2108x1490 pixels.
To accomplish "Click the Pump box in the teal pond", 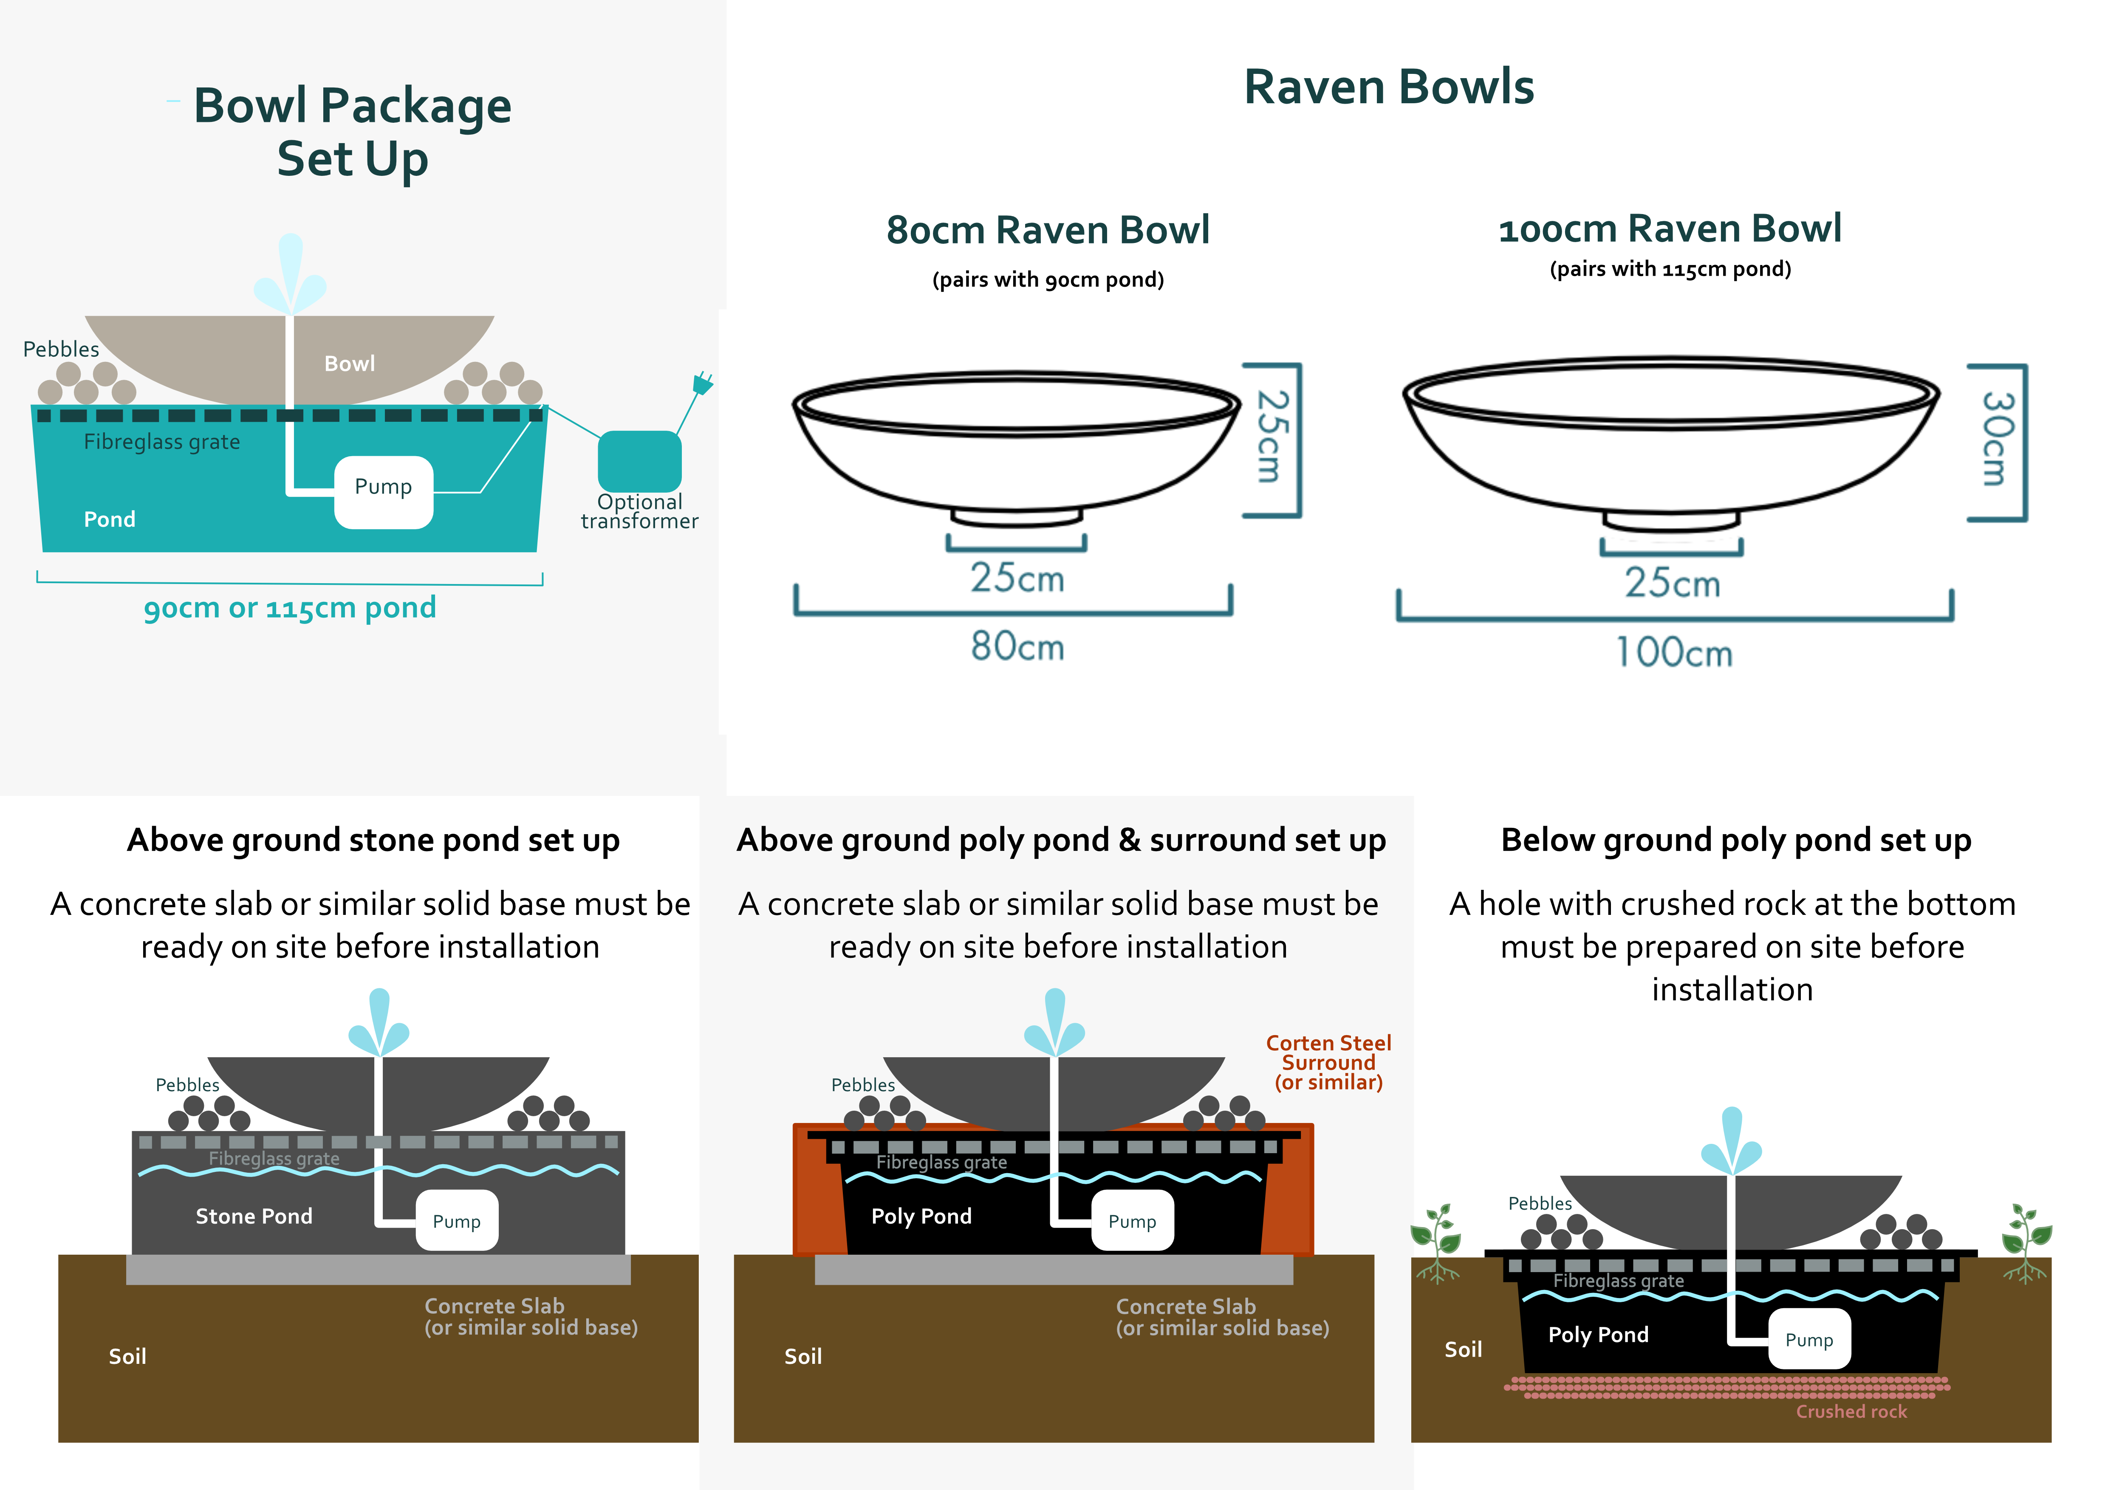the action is coord(384,492).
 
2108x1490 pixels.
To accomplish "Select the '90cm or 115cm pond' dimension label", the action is coord(290,608).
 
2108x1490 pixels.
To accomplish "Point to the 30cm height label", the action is coord(1998,439).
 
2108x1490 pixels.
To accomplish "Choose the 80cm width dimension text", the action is coord(1017,646).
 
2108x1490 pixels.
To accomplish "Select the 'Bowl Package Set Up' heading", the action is coord(353,132).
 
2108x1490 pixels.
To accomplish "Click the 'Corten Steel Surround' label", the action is coord(1328,1053).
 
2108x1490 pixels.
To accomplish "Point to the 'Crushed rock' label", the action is coord(1851,1411).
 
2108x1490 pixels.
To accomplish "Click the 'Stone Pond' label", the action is coord(254,1216).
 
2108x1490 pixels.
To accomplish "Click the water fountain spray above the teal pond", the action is coord(290,274).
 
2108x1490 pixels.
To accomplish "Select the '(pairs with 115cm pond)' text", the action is coord(1670,269).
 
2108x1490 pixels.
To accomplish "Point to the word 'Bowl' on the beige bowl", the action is coord(350,364).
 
